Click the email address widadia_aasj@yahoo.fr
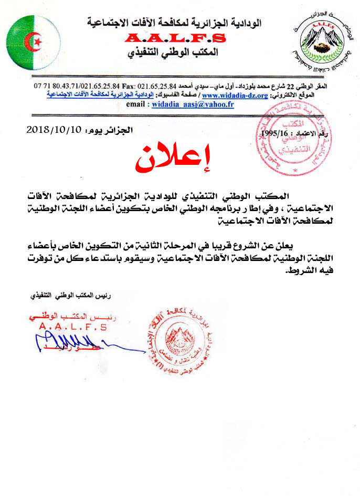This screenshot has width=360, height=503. (193, 104)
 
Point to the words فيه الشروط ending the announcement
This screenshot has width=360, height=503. (304, 272)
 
